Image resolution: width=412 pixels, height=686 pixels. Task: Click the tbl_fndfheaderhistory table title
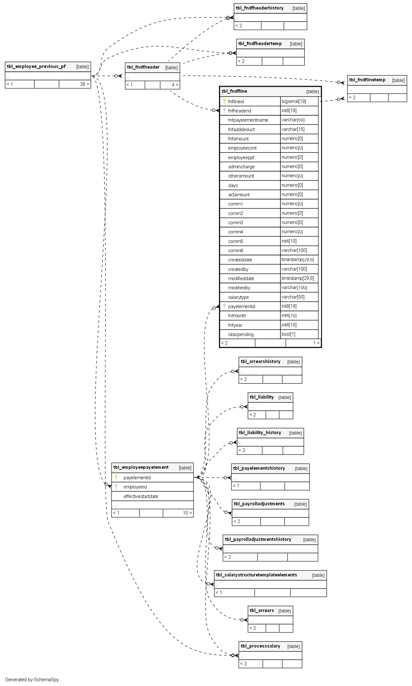coord(259,8)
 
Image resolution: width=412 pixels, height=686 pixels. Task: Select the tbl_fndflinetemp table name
coord(367,80)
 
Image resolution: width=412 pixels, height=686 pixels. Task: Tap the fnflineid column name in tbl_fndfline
coord(236,102)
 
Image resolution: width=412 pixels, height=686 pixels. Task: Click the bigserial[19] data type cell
coord(294,101)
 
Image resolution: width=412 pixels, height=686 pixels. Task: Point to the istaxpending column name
coord(241,334)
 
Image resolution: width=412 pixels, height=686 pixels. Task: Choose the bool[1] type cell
coord(288,334)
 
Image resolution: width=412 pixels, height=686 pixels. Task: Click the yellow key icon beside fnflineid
coord(224,101)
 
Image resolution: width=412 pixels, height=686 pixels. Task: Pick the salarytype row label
coord(238,297)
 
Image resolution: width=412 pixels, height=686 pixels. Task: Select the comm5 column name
coord(236,241)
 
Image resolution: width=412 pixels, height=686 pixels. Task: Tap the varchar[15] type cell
coord(293,129)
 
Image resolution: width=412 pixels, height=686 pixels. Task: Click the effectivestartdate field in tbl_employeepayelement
coord(141,496)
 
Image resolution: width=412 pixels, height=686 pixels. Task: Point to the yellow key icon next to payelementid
coord(116,477)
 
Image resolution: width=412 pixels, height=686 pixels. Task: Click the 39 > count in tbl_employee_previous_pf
coord(85,84)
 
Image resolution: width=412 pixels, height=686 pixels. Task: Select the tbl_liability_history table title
coord(260,433)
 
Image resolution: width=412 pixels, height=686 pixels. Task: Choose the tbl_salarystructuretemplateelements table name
coord(256,575)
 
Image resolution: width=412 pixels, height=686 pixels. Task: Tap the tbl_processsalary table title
coord(260,646)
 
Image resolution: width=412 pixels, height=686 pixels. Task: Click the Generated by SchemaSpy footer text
coord(32,680)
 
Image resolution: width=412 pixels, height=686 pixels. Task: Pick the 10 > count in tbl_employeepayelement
coord(187,513)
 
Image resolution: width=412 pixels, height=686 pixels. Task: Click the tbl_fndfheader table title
coord(143,67)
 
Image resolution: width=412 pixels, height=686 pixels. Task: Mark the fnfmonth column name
coord(237,316)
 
